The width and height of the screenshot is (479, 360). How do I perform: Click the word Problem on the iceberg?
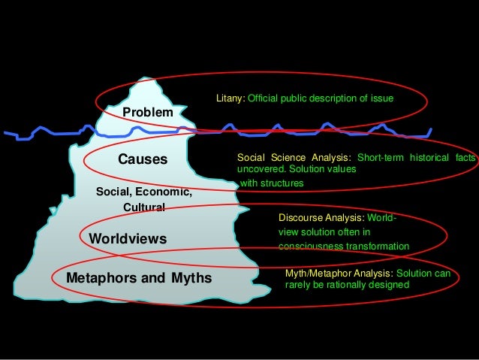click(x=148, y=112)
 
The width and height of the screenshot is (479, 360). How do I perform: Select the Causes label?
click(x=143, y=159)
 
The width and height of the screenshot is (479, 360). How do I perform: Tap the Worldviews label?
click(x=127, y=239)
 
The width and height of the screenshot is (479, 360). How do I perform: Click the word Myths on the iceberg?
click(x=191, y=279)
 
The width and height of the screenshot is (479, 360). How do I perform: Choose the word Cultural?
click(x=143, y=207)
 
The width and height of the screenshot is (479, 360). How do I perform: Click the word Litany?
click(x=230, y=98)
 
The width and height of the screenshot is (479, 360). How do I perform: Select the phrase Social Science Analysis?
click(x=294, y=157)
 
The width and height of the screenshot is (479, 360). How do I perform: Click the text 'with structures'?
click(x=272, y=183)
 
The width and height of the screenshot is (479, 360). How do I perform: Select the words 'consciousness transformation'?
click(x=344, y=247)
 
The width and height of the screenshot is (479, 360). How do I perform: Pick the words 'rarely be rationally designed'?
click(x=348, y=286)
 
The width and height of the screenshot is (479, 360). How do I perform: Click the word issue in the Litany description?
click(x=383, y=98)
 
